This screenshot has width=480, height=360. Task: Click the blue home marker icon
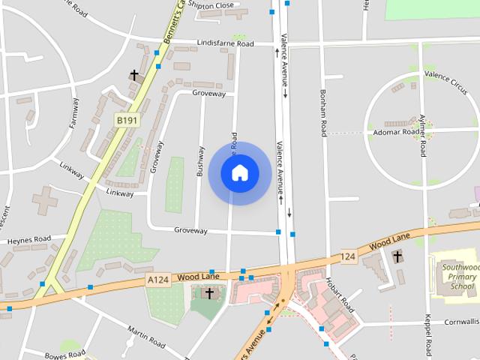[x=239, y=173]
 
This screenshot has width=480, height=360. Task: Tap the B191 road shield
[x=126, y=119]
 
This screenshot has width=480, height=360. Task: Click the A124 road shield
[x=157, y=280]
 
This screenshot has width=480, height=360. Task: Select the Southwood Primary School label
[x=458, y=276]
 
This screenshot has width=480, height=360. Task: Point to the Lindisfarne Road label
[x=225, y=43]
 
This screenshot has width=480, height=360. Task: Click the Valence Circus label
[x=446, y=74]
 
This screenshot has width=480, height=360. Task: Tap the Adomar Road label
[x=395, y=132]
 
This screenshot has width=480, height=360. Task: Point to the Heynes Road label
[x=29, y=240]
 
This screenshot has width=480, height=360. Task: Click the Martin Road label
[x=146, y=337]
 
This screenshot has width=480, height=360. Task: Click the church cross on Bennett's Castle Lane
[x=135, y=75]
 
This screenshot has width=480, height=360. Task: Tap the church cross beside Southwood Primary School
[x=397, y=257]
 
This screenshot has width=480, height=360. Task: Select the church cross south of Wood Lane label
[x=209, y=293]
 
